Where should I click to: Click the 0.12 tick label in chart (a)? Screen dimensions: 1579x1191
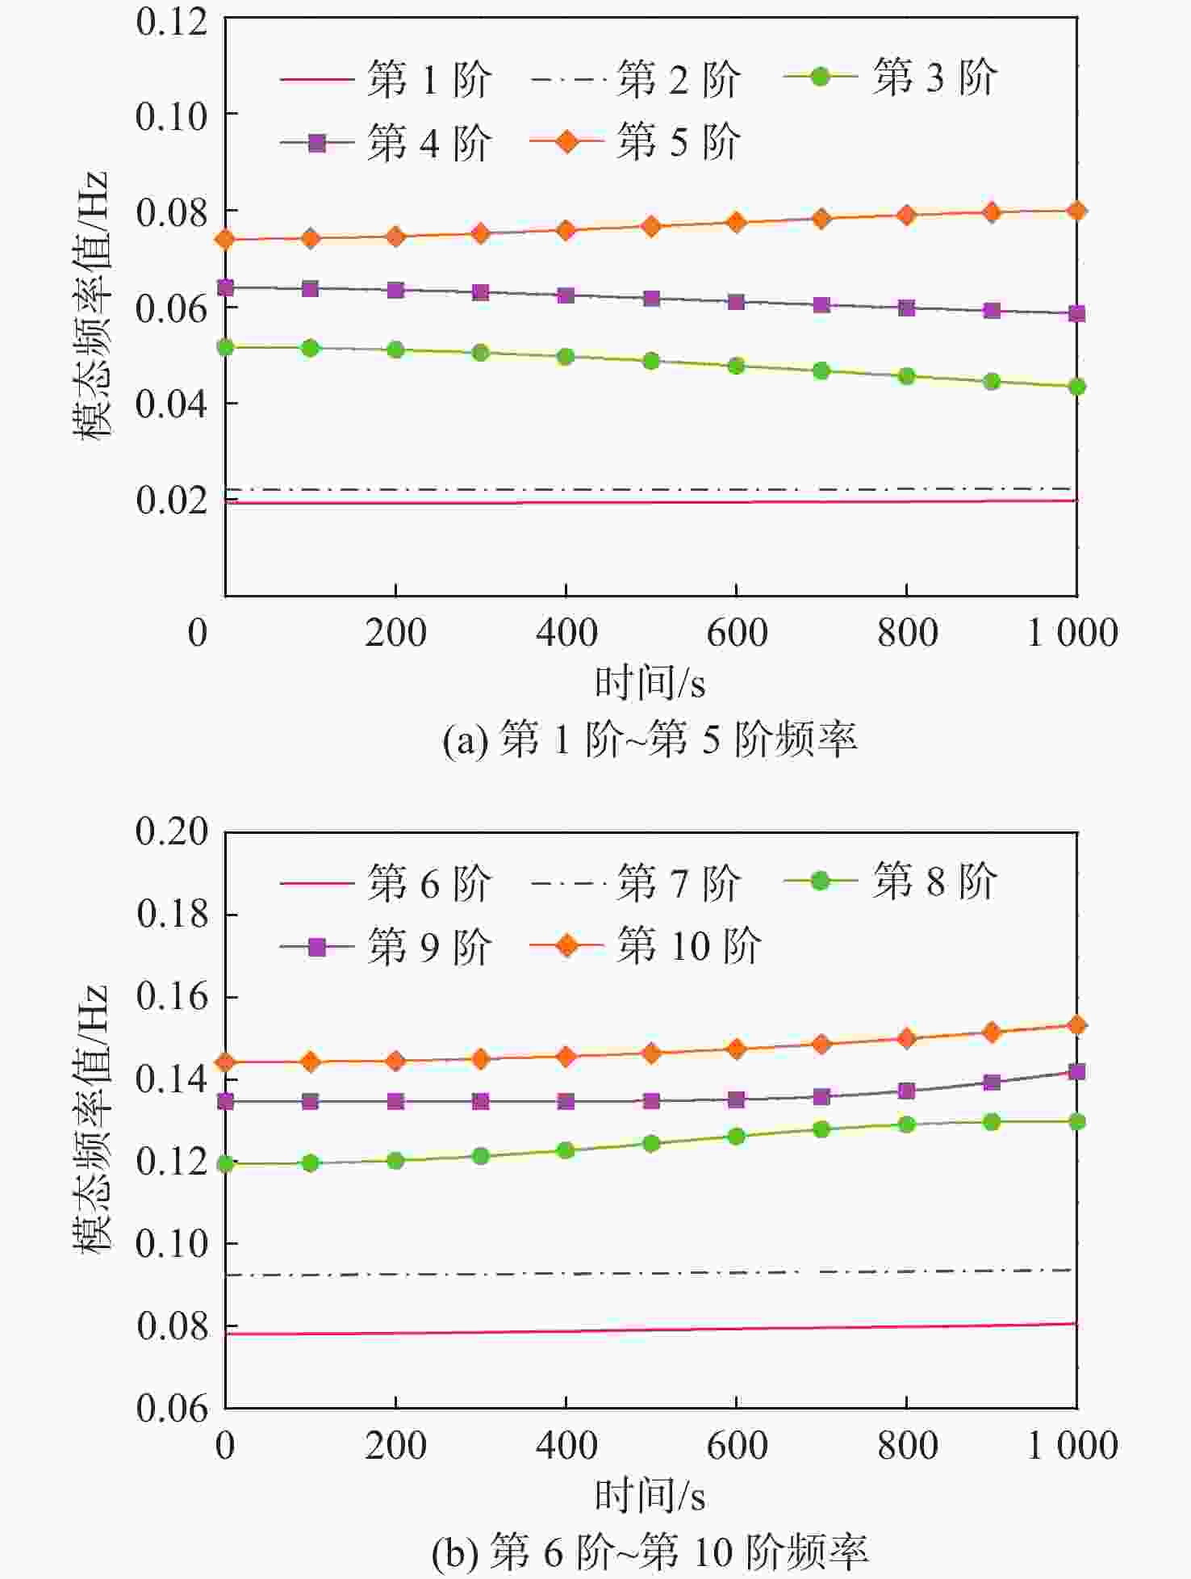pyautogui.click(x=171, y=22)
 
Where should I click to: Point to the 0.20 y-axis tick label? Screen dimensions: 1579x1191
pyautogui.click(x=171, y=831)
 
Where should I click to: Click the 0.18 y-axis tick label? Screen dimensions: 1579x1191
pyautogui.click(x=171, y=914)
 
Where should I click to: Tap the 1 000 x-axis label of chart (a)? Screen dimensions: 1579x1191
pyautogui.click(x=1072, y=632)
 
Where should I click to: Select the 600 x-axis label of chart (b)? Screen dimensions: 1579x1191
pyautogui.click(x=736, y=1445)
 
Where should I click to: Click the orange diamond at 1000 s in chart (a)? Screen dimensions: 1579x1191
pyautogui.click(x=1076, y=212)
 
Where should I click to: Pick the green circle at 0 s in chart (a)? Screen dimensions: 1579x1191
pyautogui.click(x=226, y=347)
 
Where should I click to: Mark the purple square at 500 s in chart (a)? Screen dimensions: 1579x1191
pyautogui.click(x=651, y=299)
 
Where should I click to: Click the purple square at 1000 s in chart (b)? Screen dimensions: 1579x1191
pyautogui.click(x=1076, y=1072)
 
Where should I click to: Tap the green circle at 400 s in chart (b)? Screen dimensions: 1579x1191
pyautogui.click(x=566, y=1150)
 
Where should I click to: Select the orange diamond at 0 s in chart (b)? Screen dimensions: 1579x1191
pyautogui.click(x=226, y=1062)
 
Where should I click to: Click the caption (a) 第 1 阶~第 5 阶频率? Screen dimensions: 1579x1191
pyautogui.click(x=650, y=739)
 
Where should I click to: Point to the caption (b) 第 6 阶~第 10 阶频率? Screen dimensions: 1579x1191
pyautogui.click(x=650, y=1552)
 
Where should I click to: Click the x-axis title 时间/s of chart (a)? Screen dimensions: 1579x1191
pyautogui.click(x=650, y=683)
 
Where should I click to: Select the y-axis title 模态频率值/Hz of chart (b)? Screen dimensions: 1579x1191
pyautogui.click(x=90, y=1118)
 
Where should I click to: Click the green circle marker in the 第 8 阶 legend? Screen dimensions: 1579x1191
pyautogui.click(x=820, y=881)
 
